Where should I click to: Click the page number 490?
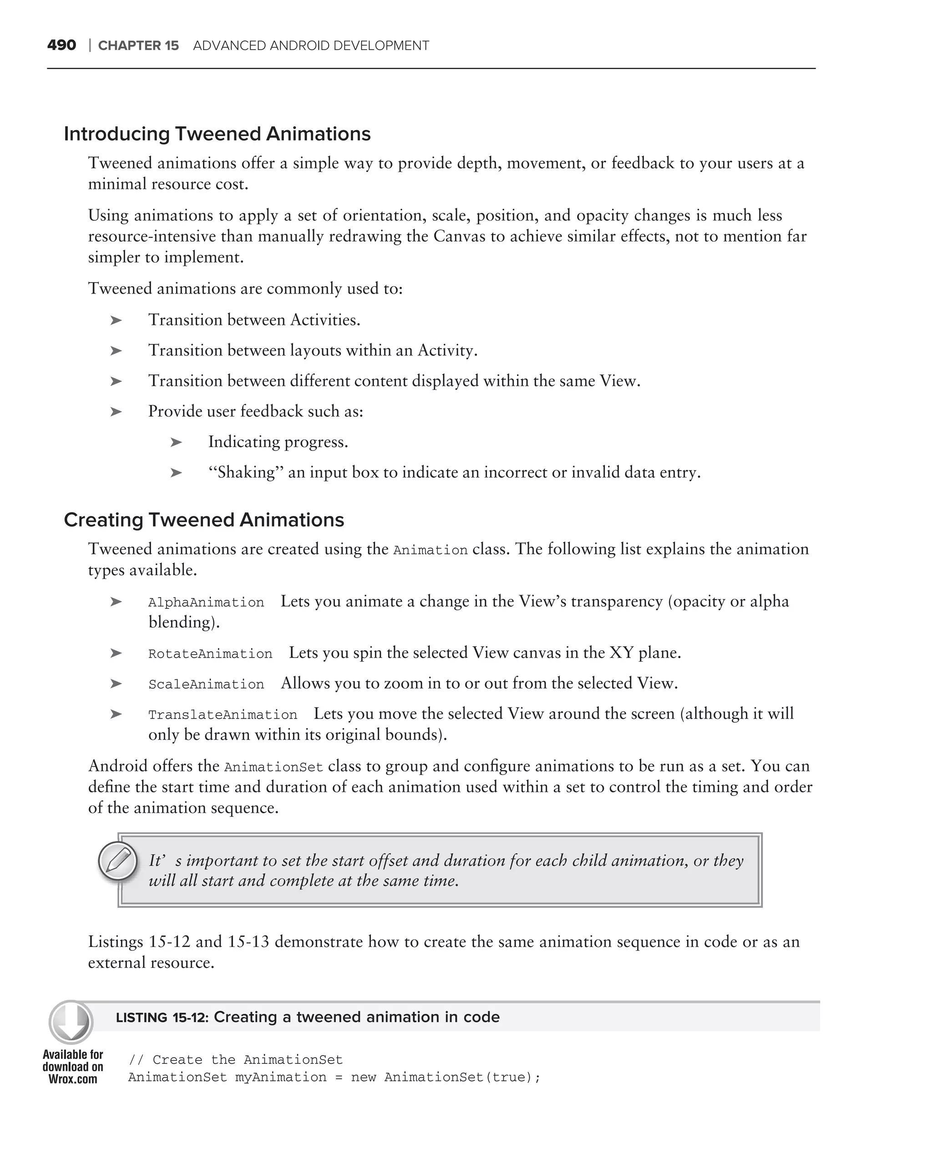61,46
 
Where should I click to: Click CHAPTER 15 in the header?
138,46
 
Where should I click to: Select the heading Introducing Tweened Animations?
217,134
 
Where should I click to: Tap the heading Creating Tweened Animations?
204,520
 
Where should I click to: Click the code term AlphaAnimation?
206,603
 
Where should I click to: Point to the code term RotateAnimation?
210,654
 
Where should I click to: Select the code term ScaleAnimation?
206,684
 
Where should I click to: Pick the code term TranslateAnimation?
223,715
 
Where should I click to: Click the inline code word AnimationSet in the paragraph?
274,767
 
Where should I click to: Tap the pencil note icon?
118,860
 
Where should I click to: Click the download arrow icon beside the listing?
71,1022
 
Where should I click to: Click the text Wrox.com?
72,1079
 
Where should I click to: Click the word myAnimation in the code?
280,1078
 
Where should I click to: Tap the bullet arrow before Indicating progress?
176,442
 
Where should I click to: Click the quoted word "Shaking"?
246,473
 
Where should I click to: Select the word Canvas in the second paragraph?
459,237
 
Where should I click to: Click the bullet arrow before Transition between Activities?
116,320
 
